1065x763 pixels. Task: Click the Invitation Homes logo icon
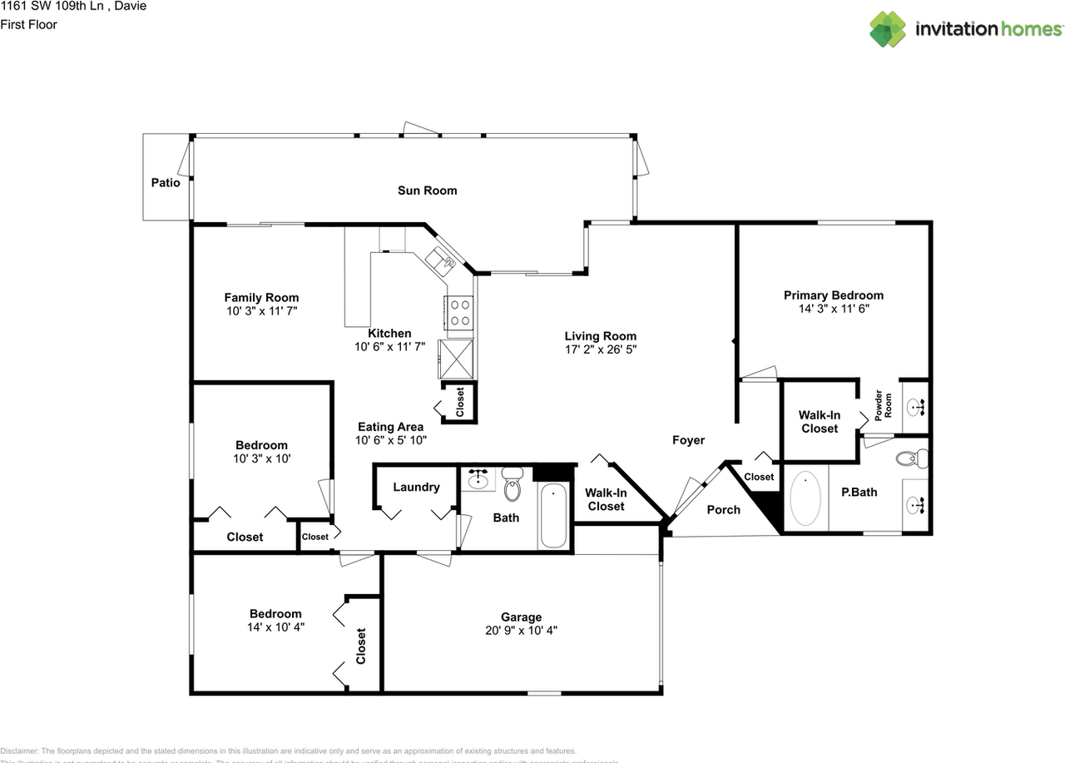pyautogui.click(x=889, y=29)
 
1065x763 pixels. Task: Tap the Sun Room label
pyautogui.click(x=427, y=191)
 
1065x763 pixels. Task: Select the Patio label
pyautogui.click(x=166, y=183)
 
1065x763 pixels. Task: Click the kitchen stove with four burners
pyautogui.click(x=458, y=312)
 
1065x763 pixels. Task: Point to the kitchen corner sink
pyautogui.click(x=440, y=260)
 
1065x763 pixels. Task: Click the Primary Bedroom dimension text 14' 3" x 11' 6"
pyautogui.click(x=833, y=309)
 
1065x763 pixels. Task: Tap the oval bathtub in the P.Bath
pyautogui.click(x=805, y=499)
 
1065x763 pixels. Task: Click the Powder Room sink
pyautogui.click(x=915, y=408)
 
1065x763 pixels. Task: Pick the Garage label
pyautogui.click(x=521, y=617)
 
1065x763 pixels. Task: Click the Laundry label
pyautogui.click(x=416, y=487)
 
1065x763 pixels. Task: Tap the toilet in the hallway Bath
pyautogui.click(x=511, y=483)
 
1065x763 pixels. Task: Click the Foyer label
pyautogui.click(x=688, y=440)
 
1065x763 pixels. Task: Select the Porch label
pyautogui.click(x=723, y=509)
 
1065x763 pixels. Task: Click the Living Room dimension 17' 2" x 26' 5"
pyautogui.click(x=600, y=349)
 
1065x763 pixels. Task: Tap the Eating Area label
pyautogui.click(x=390, y=427)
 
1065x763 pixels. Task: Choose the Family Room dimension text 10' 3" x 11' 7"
pyautogui.click(x=261, y=310)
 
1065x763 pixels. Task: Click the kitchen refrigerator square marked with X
pyautogui.click(x=457, y=359)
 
